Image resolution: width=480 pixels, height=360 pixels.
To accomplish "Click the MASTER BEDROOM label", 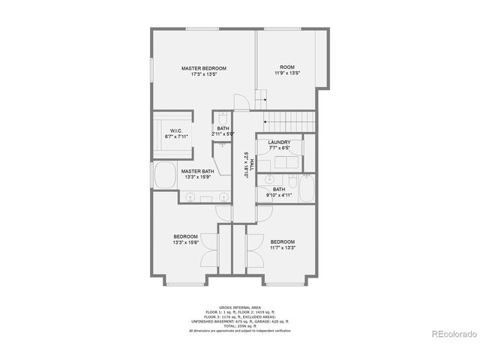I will (204, 68).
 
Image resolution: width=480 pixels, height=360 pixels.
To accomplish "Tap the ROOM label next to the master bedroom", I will (287, 67).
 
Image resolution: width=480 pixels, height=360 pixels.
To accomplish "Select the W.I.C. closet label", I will (177, 130).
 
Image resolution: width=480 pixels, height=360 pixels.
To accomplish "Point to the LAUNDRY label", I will (279, 142).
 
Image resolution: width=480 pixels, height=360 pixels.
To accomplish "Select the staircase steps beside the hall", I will (289, 121).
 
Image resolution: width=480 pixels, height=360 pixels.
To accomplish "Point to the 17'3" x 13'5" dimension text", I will (204, 74).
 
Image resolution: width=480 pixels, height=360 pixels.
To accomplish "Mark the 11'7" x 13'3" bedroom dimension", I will (283, 247).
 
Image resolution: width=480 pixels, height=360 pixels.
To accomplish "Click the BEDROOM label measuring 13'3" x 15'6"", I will (184, 236).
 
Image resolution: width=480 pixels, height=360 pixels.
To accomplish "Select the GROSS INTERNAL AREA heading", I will (239, 307).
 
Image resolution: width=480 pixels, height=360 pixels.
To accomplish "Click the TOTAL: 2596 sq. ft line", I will (239, 325).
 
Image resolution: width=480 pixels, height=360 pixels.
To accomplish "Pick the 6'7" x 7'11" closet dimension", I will (177, 136).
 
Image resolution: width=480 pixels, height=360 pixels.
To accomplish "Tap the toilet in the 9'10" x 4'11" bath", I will (268, 180).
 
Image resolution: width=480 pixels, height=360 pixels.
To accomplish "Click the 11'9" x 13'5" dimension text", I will (287, 73).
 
